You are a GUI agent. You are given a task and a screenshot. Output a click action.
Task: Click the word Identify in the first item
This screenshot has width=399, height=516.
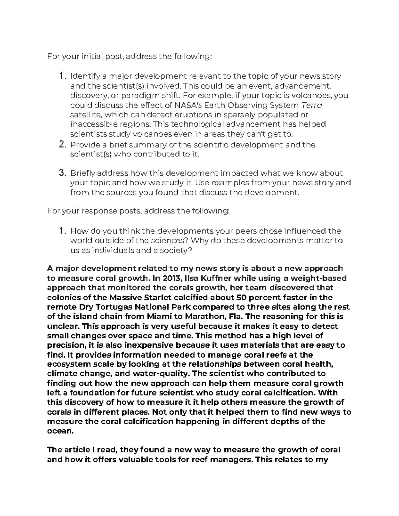point(83,76)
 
